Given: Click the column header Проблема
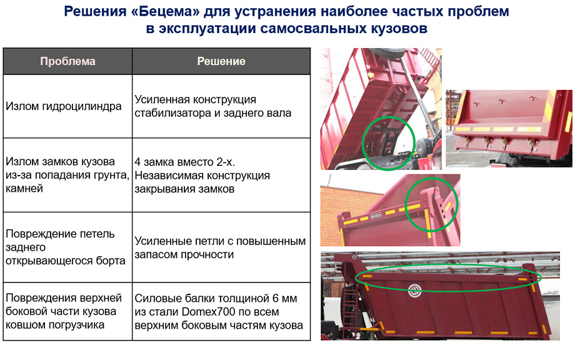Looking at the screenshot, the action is pyautogui.click(x=67, y=61).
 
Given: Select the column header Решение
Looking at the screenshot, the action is pyautogui.click(x=221, y=61).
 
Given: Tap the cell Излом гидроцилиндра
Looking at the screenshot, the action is pyautogui.click(x=67, y=106).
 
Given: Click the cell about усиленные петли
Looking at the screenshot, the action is pyautogui.click(x=221, y=247).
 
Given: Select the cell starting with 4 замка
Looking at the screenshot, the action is pyautogui.click(x=221, y=175).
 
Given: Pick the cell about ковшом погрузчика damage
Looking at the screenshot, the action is pyautogui.click(x=67, y=311).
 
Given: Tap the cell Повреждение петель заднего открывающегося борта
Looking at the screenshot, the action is pyautogui.click(x=67, y=247).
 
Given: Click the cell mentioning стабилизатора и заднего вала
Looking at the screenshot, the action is pyautogui.click(x=221, y=106).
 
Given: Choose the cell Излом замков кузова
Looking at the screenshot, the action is pyautogui.click(x=67, y=175).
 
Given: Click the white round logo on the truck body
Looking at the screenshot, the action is pyautogui.click(x=415, y=290).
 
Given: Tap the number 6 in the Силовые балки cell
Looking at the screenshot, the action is pyautogui.click(x=276, y=298).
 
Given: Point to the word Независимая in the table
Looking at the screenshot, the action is pyautogui.click(x=167, y=176).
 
